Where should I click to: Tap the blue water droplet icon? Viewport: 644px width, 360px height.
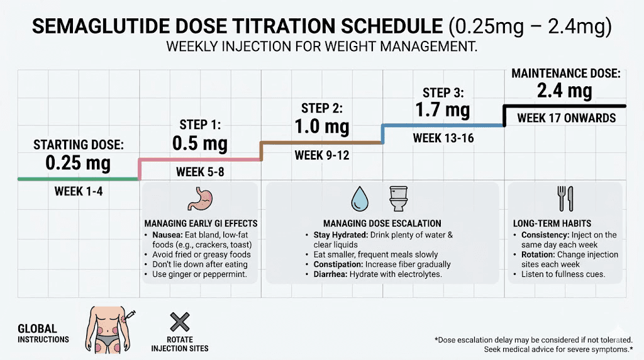pyautogui.click(x=360, y=199)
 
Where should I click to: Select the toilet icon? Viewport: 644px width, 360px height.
pyautogui.click(x=399, y=199)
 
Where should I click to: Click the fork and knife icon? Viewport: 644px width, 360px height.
pyautogui.click(x=565, y=199)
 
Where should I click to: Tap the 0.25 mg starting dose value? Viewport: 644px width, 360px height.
pyautogui.click(x=78, y=164)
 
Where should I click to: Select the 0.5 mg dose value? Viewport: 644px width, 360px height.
pyautogui.click(x=200, y=143)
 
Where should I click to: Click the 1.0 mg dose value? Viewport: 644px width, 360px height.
pyautogui.click(x=322, y=126)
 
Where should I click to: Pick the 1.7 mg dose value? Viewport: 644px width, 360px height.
pyautogui.click(x=443, y=110)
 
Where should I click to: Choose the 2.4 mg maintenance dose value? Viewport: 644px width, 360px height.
pyautogui.click(x=565, y=91)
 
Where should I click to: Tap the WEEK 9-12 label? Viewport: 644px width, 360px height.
pyautogui.click(x=322, y=154)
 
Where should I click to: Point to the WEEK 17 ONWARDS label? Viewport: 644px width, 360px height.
pyautogui.click(x=566, y=118)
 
